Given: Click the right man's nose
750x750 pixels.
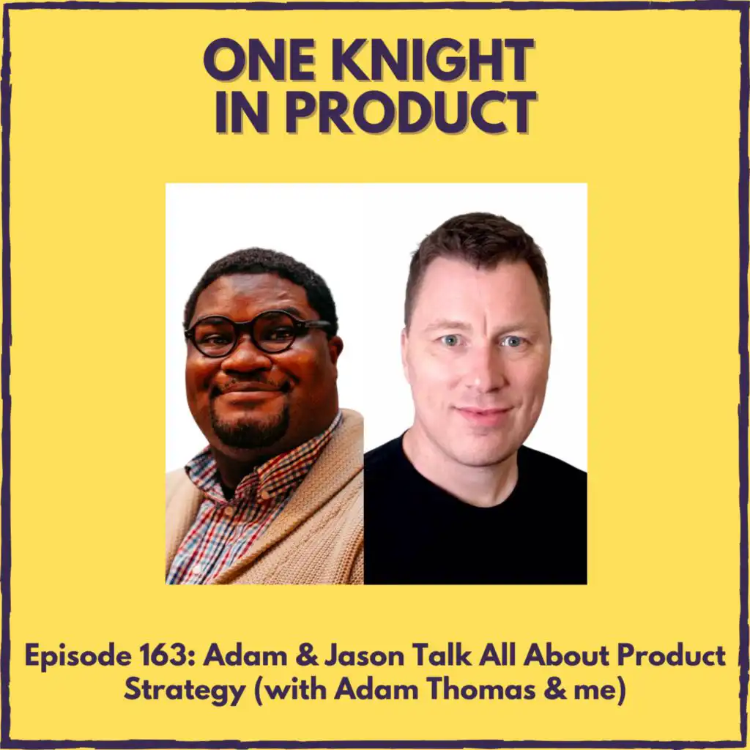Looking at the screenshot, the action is [x=480, y=376].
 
